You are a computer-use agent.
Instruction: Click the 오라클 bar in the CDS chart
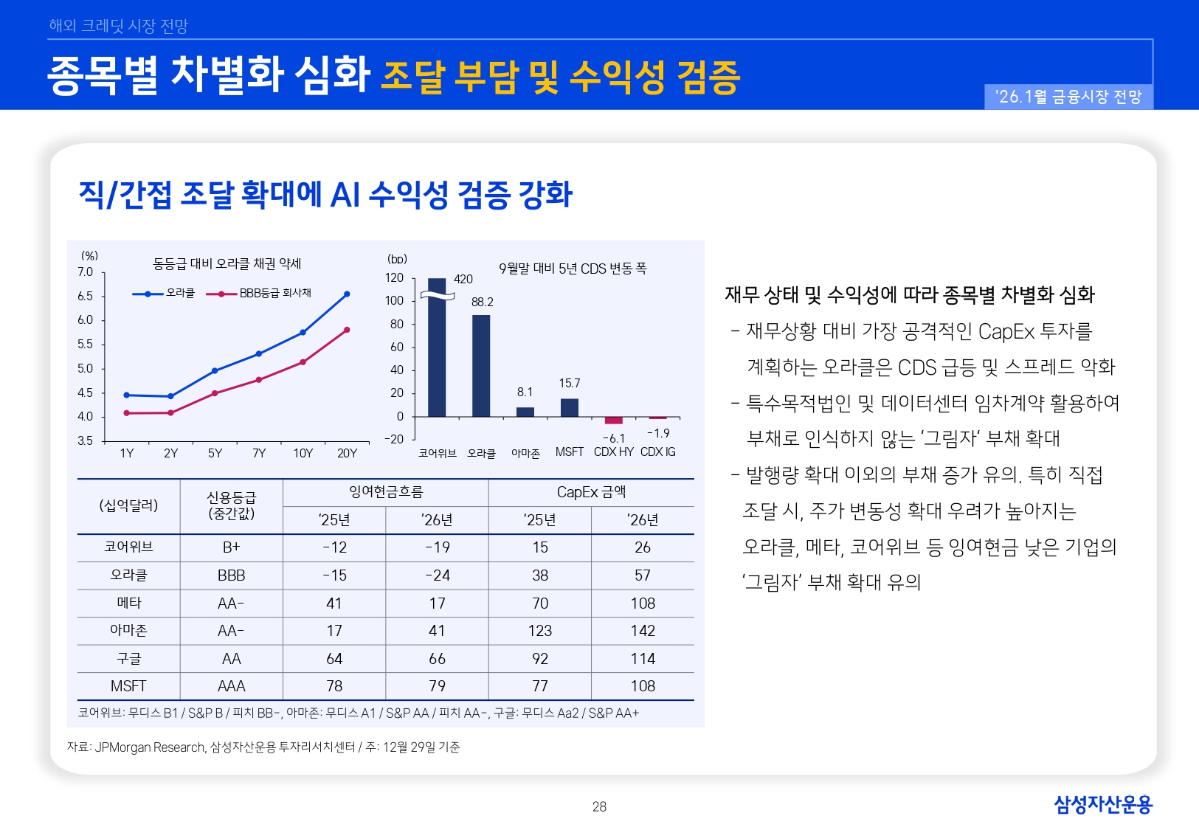(x=481, y=366)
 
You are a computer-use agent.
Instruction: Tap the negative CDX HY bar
(x=614, y=421)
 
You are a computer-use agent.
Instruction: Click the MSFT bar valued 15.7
(x=570, y=408)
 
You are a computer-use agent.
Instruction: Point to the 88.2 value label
(x=483, y=302)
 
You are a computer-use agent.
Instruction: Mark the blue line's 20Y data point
(x=347, y=294)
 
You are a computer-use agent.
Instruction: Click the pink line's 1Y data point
(x=127, y=413)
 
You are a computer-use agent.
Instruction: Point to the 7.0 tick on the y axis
(x=86, y=272)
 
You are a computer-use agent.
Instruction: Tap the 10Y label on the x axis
(x=303, y=453)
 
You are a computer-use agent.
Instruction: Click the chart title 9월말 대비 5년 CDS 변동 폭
(x=573, y=269)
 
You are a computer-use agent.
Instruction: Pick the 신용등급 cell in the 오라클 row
(x=232, y=575)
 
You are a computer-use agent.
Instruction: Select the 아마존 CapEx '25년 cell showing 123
(x=540, y=631)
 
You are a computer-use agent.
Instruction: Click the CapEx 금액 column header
(x=591, y=492)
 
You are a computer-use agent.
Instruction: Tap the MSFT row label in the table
(x=128, y=686)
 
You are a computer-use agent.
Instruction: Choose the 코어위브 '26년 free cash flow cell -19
(x=437, y=547)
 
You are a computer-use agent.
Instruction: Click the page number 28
(x=599, y=806)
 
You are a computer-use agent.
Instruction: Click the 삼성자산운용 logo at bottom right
(x=1102, y=804)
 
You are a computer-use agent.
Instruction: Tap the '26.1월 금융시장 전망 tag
(x=1068, y=97)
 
